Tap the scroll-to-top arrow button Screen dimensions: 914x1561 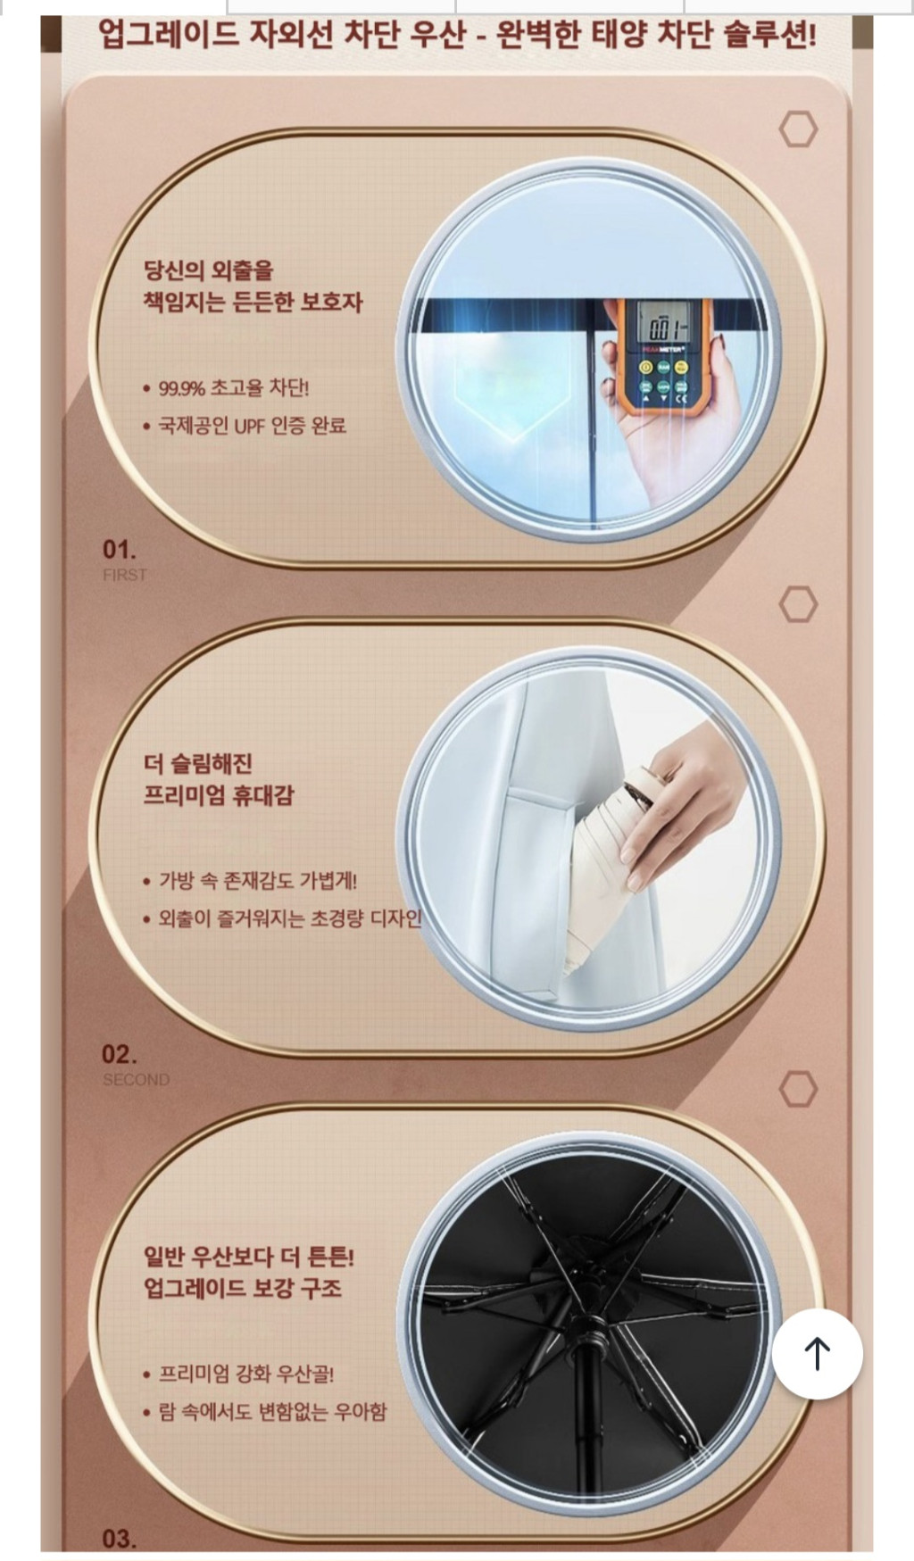click(x=817, y=1353)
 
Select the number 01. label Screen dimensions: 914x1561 click(x=120, y=549)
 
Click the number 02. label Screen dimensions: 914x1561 click(x=120, y=1054)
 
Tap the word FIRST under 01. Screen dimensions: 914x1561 click(x=124, y=575)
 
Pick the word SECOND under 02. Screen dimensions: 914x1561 click(x=136, y=1080)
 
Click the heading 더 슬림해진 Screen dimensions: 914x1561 click(x=198, y=763)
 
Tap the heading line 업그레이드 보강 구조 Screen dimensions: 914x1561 click(x=243, y=1288)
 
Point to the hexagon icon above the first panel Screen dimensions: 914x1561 click(x=798, y=129)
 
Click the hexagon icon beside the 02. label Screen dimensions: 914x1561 click(x=798, y=1089)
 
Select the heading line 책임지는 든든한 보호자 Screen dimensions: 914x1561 click(x=253, y=302)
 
